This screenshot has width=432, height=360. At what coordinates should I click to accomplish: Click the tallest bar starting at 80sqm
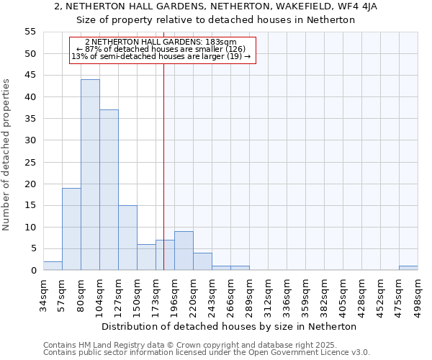pyautogui.click(x=90, y=175)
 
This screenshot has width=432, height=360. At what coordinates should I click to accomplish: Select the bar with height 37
pyautogui.click(x=109, y=190)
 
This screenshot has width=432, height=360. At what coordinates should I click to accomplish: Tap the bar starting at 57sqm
pyautogui.click(x=71, y=229)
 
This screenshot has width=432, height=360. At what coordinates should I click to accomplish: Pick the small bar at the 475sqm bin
pyautogui.click(x=408, y=268)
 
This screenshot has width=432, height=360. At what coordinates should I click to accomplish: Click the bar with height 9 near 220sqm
pyautogui.click(x=184, y=251)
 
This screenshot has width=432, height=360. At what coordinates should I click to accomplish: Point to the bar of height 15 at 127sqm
pyautogui.click(x=127, y=238)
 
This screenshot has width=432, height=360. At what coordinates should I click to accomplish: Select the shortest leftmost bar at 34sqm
pyautogui.click(x=53, y=266)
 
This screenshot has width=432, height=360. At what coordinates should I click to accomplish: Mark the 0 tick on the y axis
pyautogui.click(x=33, y=271)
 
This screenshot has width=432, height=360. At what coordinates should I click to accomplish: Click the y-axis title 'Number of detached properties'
pyautogui.click(x=6, y=155)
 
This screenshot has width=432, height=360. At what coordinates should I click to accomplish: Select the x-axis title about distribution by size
pyautogui.click(x=229, y=326)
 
